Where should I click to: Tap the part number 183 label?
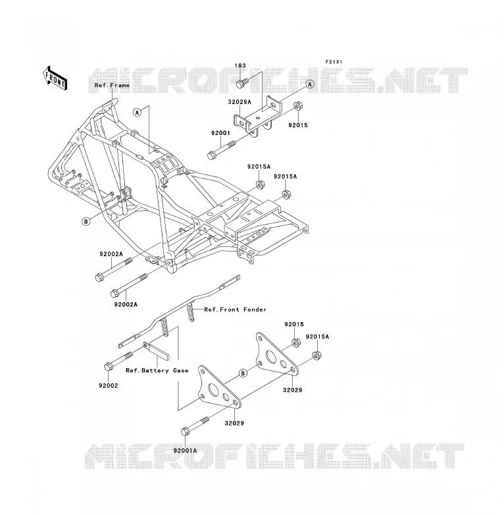point(240,66)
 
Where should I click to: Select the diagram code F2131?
point(334,62)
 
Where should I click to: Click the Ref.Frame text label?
point(112,86)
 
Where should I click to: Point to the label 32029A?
point(239,102)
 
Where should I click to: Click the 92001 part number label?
point(220,133)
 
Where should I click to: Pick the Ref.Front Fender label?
point(236,310)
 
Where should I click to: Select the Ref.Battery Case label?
point(157,371)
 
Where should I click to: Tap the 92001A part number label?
point(186,450)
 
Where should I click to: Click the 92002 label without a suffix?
point(109,386)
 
